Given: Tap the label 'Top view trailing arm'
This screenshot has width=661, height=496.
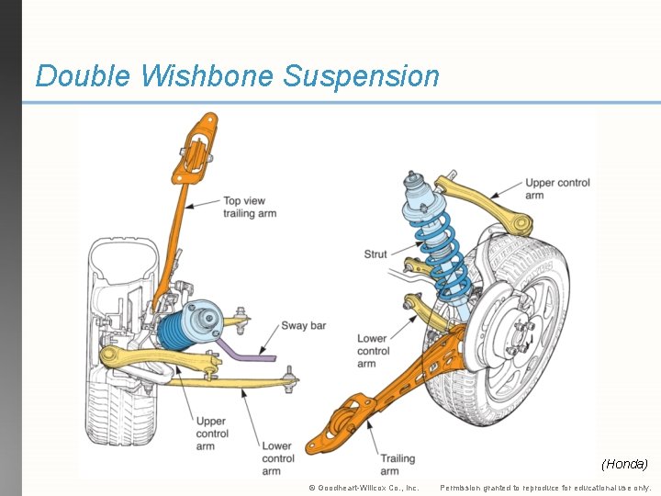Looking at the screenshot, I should pyautogui.click(x=249, y=208).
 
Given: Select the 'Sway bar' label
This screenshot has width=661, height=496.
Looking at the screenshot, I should pyautogui.click(x=303, y=325).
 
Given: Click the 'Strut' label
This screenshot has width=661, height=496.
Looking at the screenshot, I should pyautogui.click(x=375, y=254).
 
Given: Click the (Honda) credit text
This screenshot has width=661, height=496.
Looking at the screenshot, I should pyautogui.click(x=624, y=464).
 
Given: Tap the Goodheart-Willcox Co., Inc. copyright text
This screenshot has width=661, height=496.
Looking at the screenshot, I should pyautogui.click(x=364, y=487).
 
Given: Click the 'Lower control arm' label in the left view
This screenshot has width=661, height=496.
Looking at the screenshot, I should pyautogui.click(x=278, y=458).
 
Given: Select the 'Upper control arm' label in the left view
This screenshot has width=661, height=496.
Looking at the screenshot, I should pyautogui.click(x=212, y=434).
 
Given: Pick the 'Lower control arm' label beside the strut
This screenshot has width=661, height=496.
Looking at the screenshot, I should pyautogui.click(x=373, y=351).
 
